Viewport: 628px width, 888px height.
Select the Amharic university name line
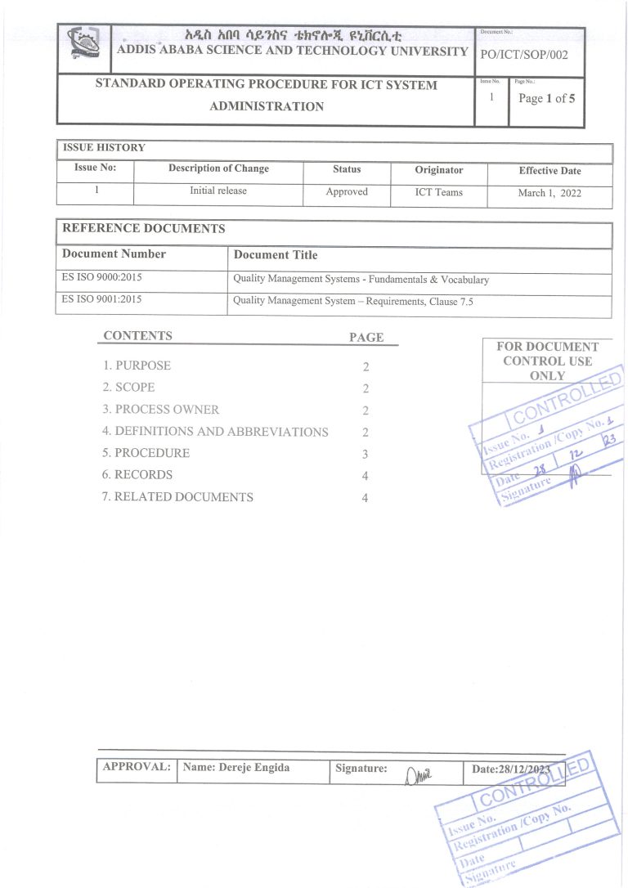pyautogui.click(x=293, y=37)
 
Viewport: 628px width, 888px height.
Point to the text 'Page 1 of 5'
pyautogui.click(x=546, y=99)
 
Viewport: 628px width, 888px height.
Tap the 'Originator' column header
pyautogui.click(x=439, y=170)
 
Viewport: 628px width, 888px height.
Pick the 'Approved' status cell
pyautogui.click(x=347, y=192)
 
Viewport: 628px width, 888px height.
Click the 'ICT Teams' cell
pyautogui.click(x=439, y=192)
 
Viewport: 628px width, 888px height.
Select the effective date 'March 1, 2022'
pyautogui.click(x=549, y=194)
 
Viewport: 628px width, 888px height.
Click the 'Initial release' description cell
pyautogui.click(x=218, y=191)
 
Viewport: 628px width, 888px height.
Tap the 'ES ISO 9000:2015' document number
pyautogui.click(x=102, y=278)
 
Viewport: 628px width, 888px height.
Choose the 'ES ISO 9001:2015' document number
pyautogui.click(x=102, y=300)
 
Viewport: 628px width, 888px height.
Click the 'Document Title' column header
pyautogui.click(x=276, y=255)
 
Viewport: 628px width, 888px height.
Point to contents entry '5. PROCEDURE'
pyautogui.click(x=146, y=453)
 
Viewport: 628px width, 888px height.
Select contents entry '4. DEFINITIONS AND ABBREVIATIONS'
pyautogui.click(x=215, y=432)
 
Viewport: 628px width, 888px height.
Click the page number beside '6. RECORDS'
pyautogui.click(x=366, y=476)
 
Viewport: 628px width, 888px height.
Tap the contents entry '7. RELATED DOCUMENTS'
pyautogui.click(x=177, y=497)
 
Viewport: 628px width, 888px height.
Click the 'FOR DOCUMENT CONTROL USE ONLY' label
pyautogui.click(x=547, y=361)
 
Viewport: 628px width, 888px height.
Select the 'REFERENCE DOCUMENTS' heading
pyautogui.click(x=144, y=229)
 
